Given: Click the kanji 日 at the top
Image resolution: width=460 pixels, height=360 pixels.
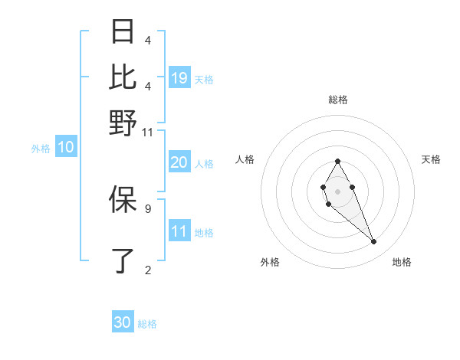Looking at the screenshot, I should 123,32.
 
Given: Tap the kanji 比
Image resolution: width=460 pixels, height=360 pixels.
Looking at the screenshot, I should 123,77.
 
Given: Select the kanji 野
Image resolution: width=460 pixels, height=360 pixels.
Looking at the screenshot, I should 123,123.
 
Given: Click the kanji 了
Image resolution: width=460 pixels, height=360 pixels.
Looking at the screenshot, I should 123,261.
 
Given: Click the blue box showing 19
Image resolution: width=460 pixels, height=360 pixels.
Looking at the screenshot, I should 179,78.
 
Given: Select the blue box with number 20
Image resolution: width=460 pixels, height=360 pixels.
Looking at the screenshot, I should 179,162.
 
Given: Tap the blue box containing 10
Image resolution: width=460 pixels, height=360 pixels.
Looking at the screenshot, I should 66,148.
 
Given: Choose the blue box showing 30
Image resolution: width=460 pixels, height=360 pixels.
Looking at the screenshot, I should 123,322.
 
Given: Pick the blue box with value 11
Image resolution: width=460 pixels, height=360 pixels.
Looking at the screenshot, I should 179,231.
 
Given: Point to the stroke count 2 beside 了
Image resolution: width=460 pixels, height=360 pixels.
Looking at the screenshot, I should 147,270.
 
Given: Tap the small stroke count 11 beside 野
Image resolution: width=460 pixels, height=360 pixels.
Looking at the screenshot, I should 148,133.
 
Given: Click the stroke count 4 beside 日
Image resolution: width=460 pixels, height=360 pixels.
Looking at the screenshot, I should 147,41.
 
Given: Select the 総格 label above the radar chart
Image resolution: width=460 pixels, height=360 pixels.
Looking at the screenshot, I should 337,100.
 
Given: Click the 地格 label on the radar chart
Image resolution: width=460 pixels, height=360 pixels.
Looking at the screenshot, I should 402,262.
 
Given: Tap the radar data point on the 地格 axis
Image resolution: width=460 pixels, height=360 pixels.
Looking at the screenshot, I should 374,242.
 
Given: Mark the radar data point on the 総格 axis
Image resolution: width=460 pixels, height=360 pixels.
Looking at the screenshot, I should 337,161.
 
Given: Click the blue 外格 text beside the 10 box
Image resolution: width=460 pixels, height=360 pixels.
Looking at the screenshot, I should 41,149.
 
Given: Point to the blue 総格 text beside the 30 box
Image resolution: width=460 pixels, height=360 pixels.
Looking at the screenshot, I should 148,324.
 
